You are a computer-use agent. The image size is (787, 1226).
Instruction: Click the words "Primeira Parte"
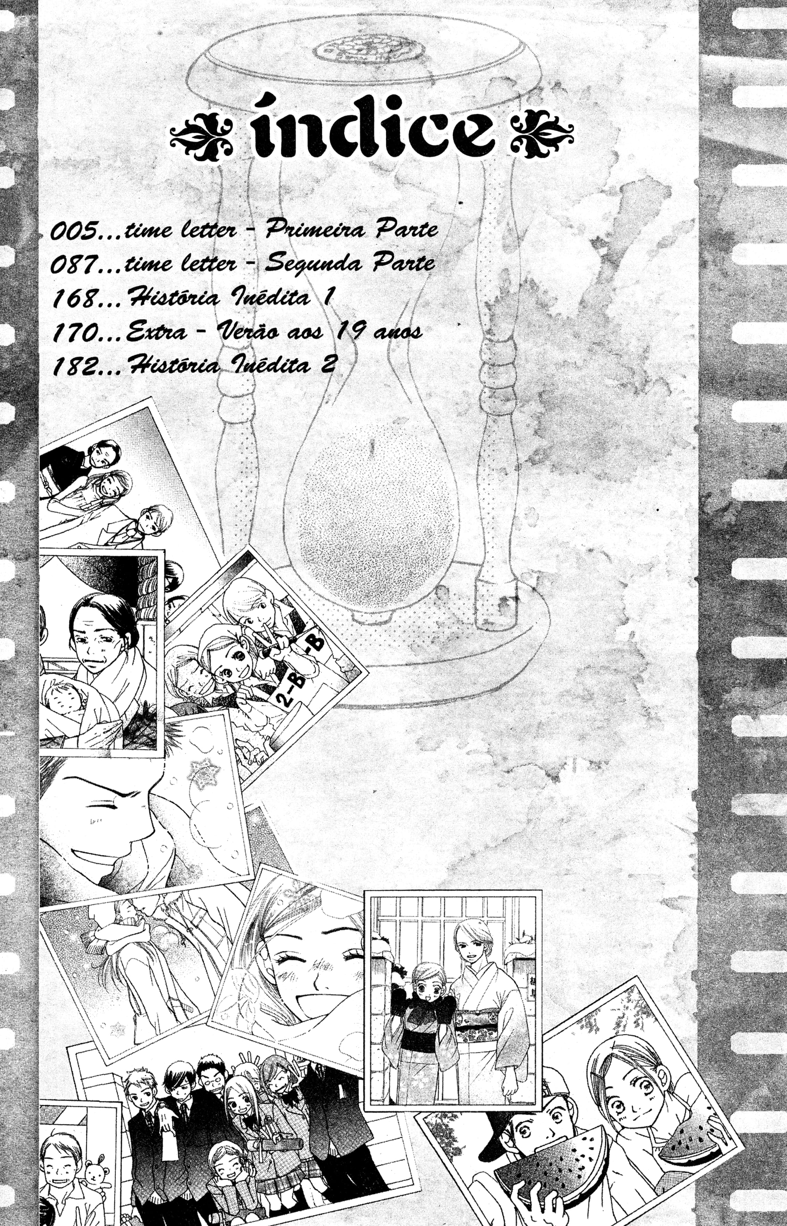352,229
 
